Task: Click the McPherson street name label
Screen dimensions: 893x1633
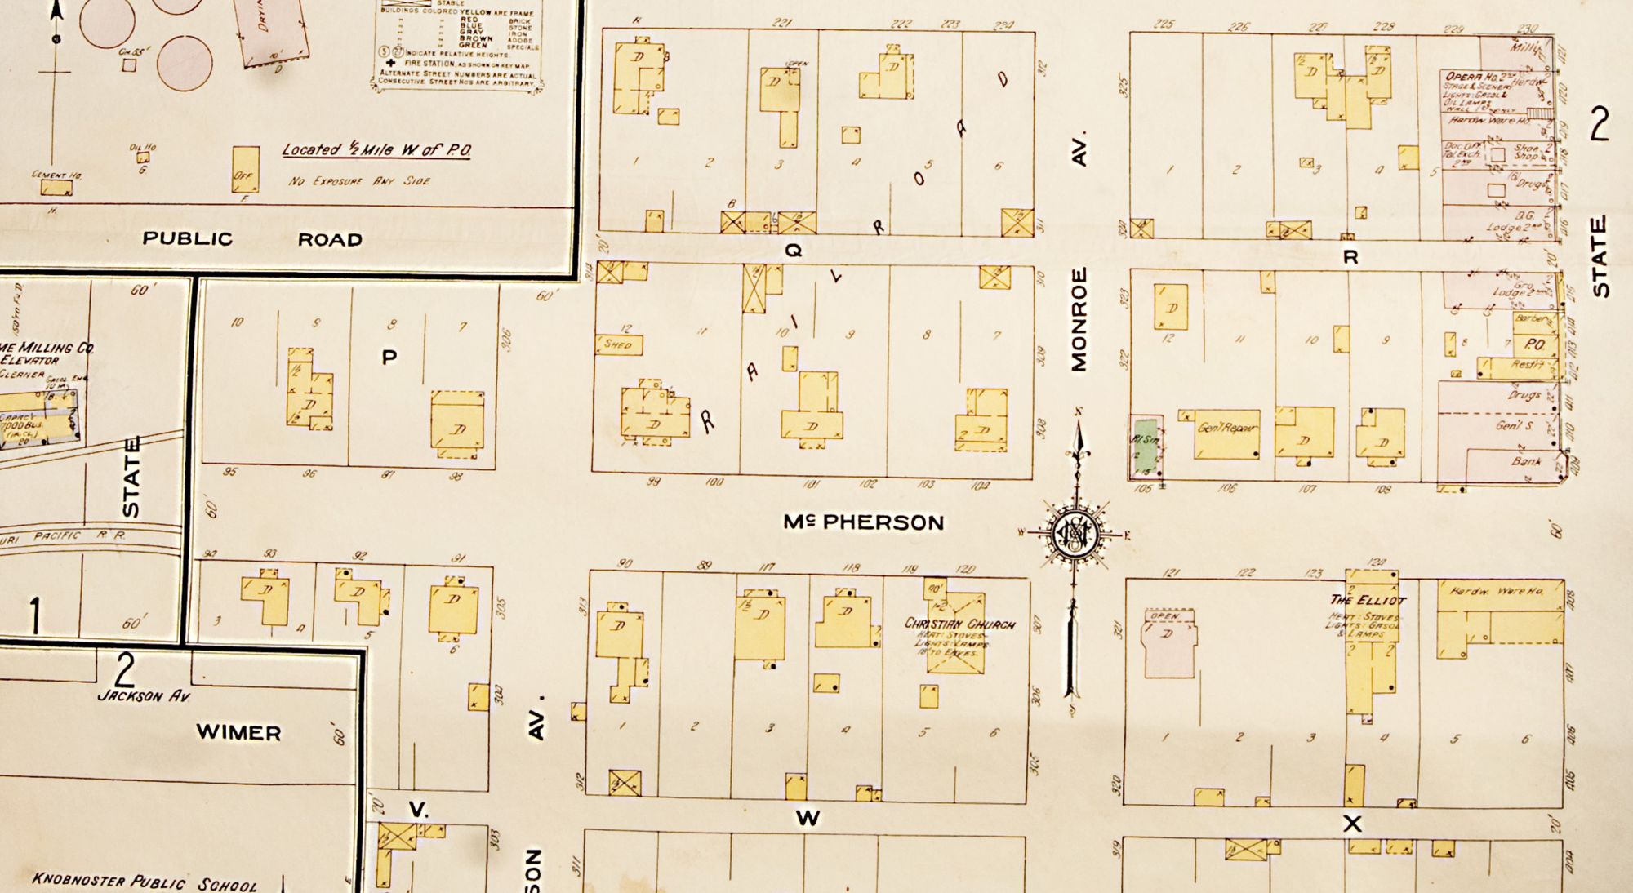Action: tap(863, 522)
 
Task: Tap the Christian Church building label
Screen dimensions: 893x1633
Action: tap(959, 624)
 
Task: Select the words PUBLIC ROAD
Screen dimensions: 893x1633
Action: tap(252, 239)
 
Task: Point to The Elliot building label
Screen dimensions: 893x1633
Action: tap(1368, 600)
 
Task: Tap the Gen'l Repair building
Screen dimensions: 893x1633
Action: tap(1226, 434)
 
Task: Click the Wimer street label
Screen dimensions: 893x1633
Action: tap(238, 732)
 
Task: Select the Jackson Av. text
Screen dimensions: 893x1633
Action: tap(143, 696)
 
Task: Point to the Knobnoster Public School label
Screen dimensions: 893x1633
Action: tap(145, 882)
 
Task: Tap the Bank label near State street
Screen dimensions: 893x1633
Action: tap(1525, 461)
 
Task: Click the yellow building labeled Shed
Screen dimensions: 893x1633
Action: tap(618, 345)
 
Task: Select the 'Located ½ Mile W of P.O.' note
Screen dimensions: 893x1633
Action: tap(376, 150)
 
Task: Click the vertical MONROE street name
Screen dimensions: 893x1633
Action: tap(1079, 320)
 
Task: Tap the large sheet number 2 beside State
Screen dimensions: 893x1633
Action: tap(1599, 124)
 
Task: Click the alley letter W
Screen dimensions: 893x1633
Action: tap(808, 818)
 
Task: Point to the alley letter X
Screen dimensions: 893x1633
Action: tap(1352, 824)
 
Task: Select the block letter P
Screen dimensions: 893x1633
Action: tap(389, 357)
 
